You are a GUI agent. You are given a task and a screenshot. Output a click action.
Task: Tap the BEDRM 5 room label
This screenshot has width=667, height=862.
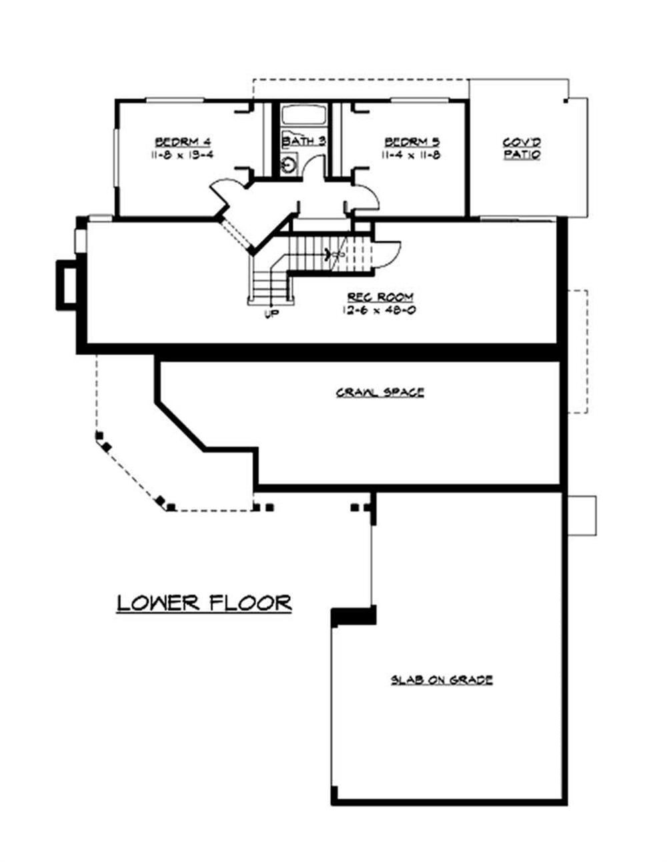[412, 141]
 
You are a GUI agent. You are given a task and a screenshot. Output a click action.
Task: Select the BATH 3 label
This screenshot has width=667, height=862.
[303, 141]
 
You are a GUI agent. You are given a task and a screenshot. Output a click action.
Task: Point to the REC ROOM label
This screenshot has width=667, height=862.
[380, 297]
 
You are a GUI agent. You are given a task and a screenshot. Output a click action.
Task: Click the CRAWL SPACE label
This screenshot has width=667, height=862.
[380, 393]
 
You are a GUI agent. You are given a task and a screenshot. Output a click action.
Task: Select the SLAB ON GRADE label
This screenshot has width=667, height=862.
[442, 680]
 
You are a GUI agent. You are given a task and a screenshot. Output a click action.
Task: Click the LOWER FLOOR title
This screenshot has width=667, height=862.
[204, 603]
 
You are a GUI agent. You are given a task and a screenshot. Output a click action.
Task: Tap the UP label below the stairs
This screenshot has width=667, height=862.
[271, 314]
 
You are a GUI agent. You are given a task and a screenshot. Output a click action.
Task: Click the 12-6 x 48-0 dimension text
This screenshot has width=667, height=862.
[380, 310]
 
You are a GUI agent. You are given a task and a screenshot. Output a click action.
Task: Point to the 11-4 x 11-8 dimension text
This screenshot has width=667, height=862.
[412, 155]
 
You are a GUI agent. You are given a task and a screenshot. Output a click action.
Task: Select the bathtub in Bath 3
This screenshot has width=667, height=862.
[302, 115]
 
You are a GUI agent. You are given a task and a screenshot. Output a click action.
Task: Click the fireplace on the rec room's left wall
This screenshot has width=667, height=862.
[67, 285]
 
